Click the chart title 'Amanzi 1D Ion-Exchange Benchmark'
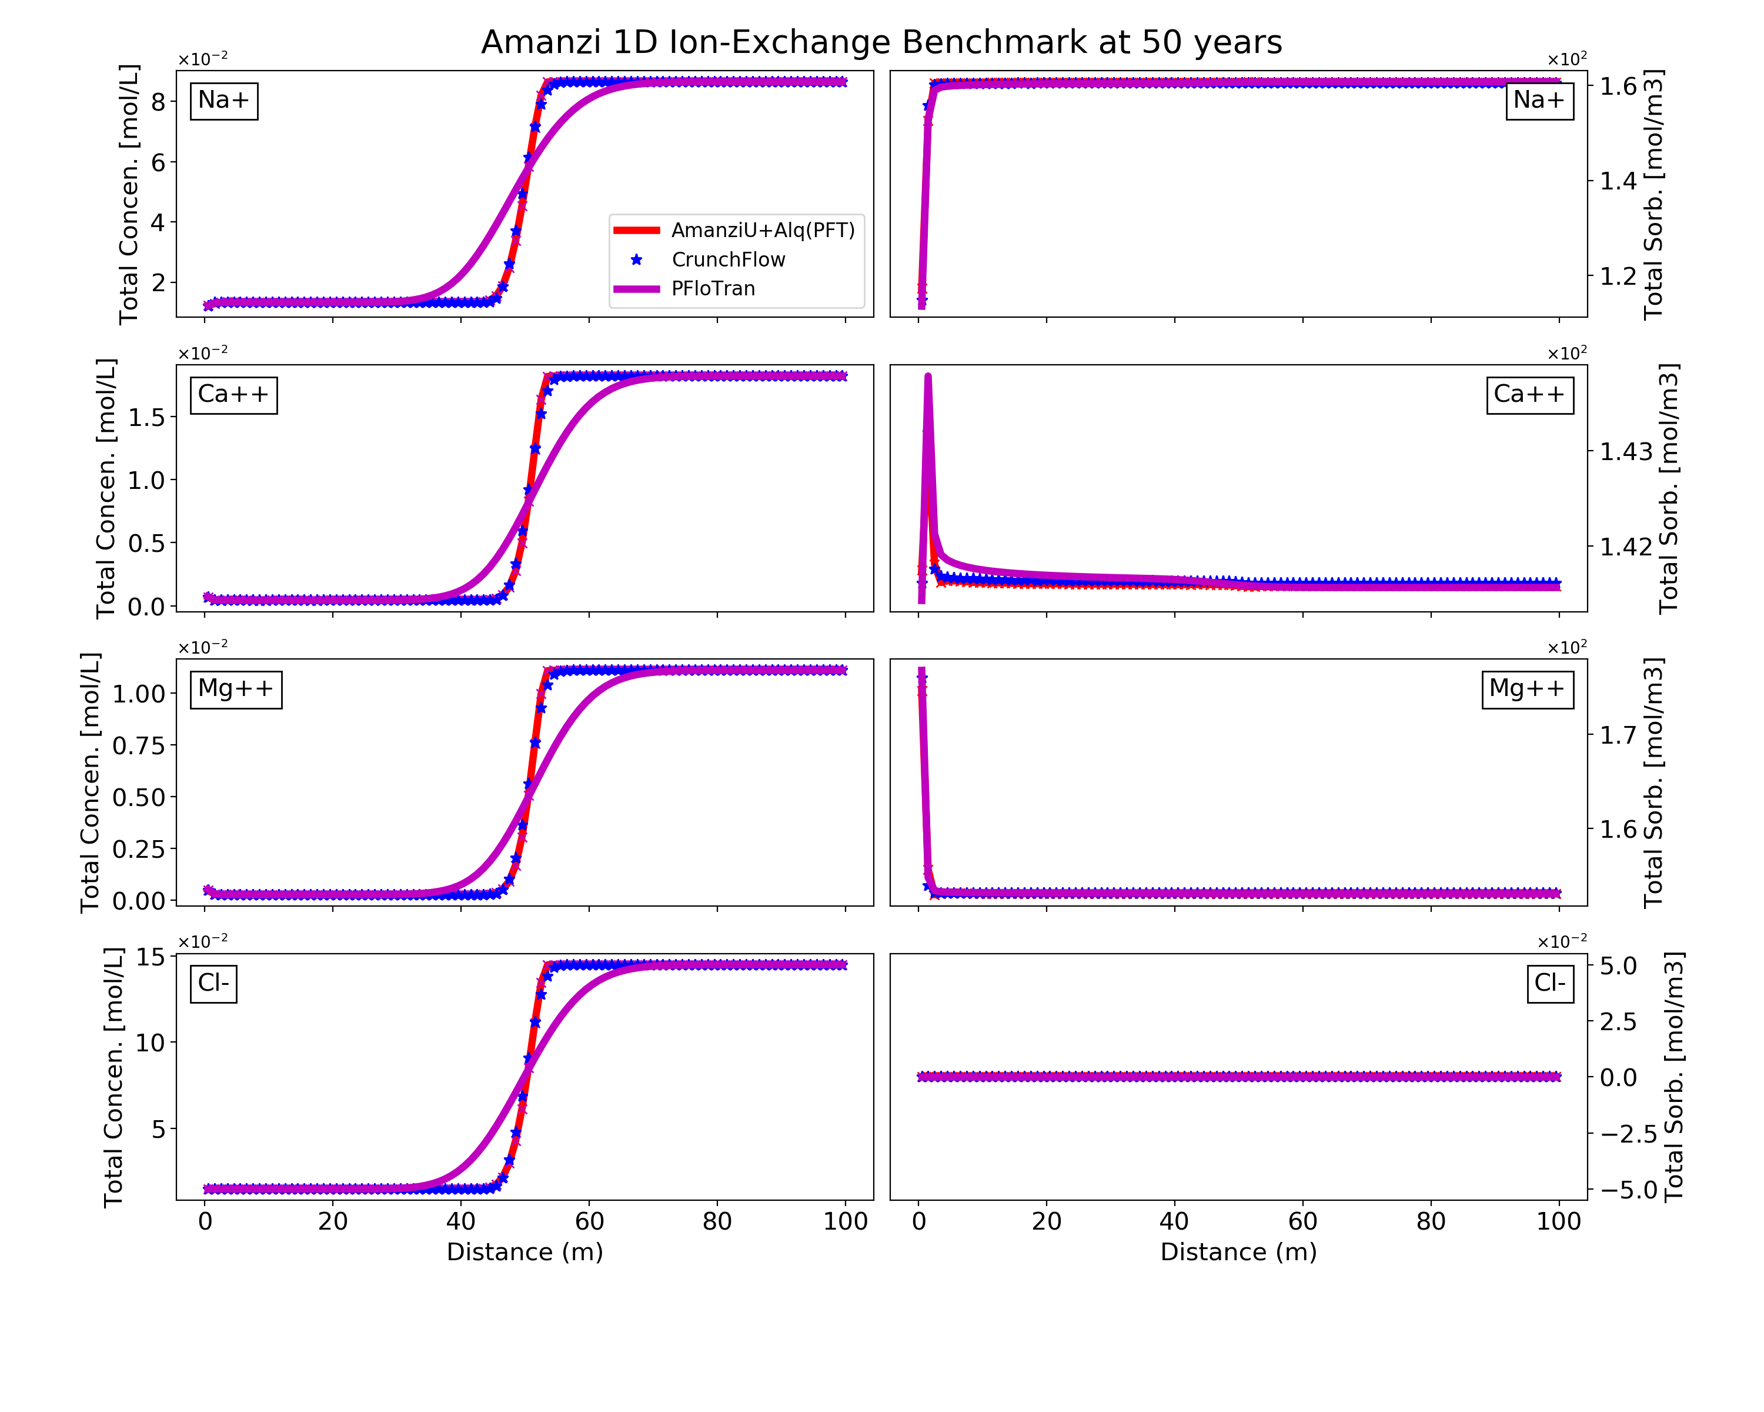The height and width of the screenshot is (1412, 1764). [x=881, y=42]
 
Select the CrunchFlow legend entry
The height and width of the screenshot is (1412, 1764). [x=727, y=259]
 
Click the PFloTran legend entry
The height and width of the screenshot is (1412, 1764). [x=713, y=288]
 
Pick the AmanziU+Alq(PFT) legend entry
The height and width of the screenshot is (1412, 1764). [x=763, y=230]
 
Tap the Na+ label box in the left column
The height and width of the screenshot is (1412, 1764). [x=223, y=101]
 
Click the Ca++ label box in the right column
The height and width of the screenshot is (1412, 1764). [x=1528, y=395]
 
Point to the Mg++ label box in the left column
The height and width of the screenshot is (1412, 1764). [x=236, y=689]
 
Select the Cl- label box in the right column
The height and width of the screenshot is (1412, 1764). [x=1549, y=983]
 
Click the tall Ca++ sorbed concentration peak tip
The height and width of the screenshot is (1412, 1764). [x=928, y=377]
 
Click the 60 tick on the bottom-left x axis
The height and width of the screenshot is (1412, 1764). [x=589, y=1221]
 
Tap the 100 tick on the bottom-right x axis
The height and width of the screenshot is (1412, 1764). [x=1559, y=1221]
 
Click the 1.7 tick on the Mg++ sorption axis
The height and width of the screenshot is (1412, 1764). [x=1618, y=735]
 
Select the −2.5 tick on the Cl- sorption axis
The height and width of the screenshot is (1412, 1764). [x=1628, y=1134]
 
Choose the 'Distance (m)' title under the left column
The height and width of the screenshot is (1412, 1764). [x=524, y=1253]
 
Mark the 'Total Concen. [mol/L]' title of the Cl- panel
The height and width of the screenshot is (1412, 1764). [x=113, y=1077]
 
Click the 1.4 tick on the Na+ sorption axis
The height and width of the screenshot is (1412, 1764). [x=1618, y=181]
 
